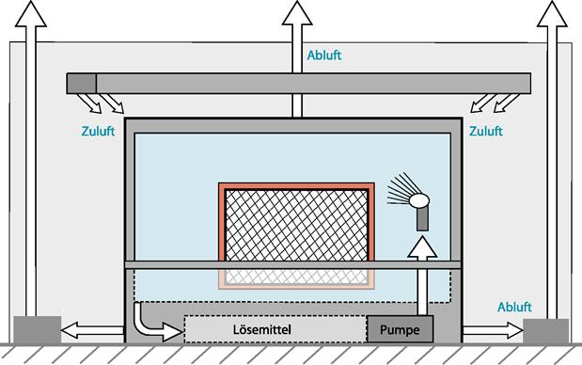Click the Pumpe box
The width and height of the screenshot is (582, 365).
pyautogui.click(x=401, y=329)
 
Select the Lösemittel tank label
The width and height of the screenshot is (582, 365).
pyautogui.click(x=262, y=329)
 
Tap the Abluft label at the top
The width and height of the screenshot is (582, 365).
pyautogui.click(x=324, y=56)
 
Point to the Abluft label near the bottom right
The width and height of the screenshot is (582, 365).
pyautogui.click(x=514, y=307)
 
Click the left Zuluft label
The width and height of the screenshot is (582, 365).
pyautogui.click(x=98, y=131)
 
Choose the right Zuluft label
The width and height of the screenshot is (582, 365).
pyautogui.click(x=486, y=131)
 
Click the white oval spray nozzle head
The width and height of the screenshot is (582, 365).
pyautogui.click(x=419, y=200)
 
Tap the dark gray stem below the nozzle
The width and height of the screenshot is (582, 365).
pyautogui.click(x=422, y=218)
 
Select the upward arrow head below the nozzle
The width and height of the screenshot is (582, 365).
pyautogui.click(x=422, y=246)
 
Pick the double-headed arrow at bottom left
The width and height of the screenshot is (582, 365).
pyautogui.click(x=92, y=330)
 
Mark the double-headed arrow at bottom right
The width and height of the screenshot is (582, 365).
pyautogui.click(x=492, y=330)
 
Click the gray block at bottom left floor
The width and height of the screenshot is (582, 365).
pyautogui.click(x=37, y=330)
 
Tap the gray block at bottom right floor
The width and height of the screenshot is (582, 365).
pyautogui.click(x=545, y=331)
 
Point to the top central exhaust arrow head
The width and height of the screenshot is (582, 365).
pyautogui.click(x=297, y=13)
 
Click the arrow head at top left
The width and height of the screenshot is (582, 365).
pyautogui.click(x=31, y=14)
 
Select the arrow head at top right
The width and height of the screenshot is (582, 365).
pyautogui.click(x=552, y=14)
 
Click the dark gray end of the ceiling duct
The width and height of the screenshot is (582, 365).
pyautogui.click(x=81, y=83)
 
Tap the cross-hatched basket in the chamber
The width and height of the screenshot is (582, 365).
pyautogui.click(x=296, y=225)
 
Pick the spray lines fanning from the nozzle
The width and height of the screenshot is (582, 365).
pyautogui.click(x=399, y=189)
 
